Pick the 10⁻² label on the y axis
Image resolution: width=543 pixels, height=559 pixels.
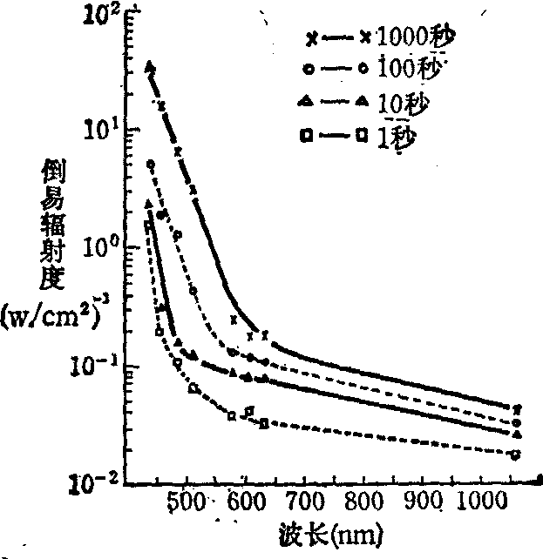click(94, 481)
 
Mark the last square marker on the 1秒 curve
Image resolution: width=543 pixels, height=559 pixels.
click(517, 455)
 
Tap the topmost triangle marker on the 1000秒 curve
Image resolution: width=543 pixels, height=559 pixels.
click(150, 66)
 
